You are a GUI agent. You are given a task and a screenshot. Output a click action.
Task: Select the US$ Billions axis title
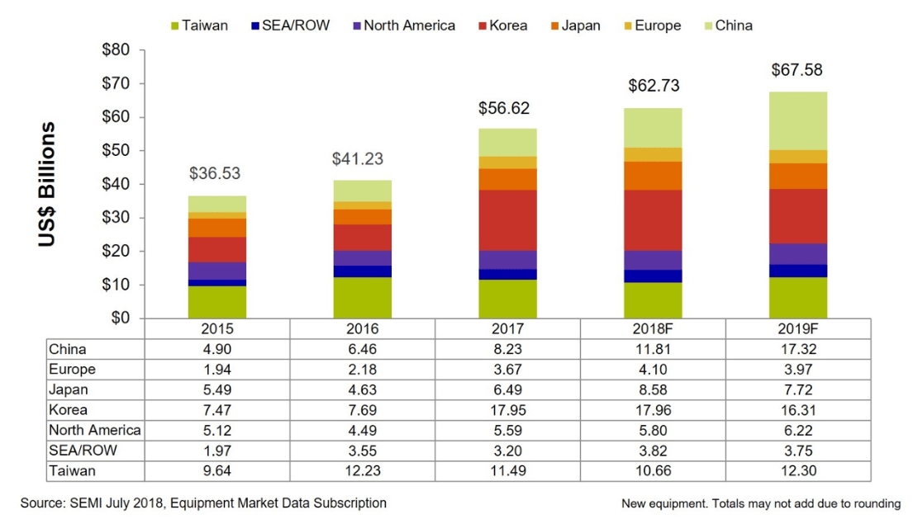[48, 184]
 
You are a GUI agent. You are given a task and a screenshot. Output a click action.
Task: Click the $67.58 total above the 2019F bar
[796, 70]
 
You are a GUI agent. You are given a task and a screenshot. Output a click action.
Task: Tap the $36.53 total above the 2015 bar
[217, 174]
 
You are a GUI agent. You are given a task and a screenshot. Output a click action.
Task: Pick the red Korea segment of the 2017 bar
[507, 220]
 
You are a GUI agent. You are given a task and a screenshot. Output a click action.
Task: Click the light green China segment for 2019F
[798, 120]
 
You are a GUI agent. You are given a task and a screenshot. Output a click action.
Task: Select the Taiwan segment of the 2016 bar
[363, 297]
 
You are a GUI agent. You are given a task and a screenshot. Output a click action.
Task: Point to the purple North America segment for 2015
[217, 271]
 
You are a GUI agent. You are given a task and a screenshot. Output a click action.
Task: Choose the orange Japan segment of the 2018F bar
[653, 176]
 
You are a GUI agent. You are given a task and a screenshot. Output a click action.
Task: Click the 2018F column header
[653, 328]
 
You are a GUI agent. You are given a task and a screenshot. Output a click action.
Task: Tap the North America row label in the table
[95, 430]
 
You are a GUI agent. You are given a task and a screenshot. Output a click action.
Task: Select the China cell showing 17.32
[798, 349]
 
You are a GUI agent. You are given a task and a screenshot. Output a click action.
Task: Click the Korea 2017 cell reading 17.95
[507, 410]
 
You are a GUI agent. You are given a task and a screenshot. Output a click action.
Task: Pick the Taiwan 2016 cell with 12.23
[363, 471]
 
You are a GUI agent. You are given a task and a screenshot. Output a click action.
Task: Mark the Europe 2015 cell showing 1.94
[217, 370]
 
